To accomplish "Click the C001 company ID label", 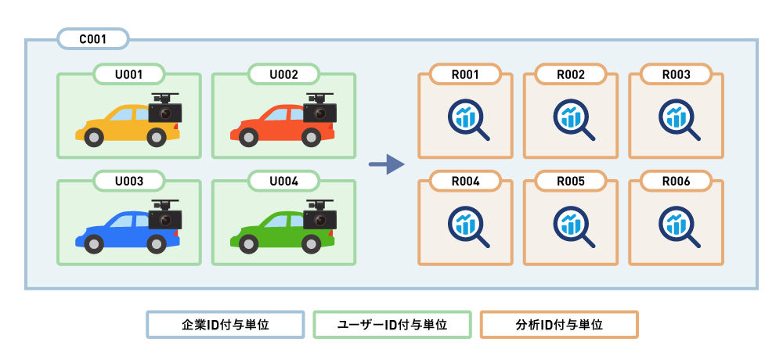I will click(x=93, y=38).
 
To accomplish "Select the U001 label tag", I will click(x=128, y=74).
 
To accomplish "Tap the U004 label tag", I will click(x=283, y=181).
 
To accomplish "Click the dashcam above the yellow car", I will click(x=165, y=110).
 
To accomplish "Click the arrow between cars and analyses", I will click(x=386, y=164).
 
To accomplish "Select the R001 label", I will click(x=465, y=74).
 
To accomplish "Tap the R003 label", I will click(x=676, y=74).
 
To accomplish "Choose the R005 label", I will click(x=571, y=181).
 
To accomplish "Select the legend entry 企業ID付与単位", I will click(x=226, y=325).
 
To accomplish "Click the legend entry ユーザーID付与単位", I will click(x=391, y=325).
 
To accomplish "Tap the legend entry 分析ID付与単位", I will click(x=559, y=325).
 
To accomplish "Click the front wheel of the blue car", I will click(x=94, y=243).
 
